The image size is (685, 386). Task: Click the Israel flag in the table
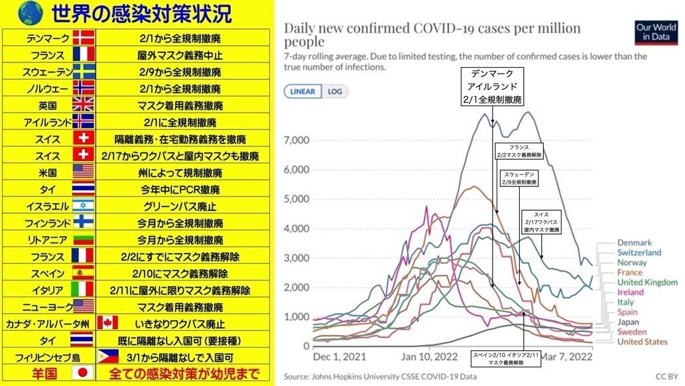coord(83,206)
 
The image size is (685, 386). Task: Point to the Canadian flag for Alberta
coord(107,323)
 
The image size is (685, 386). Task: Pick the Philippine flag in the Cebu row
coord(107,357)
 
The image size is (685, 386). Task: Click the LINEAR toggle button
coord(302,92)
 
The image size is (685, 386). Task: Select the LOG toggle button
coord(335,92)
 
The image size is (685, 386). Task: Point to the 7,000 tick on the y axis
coord(296,141)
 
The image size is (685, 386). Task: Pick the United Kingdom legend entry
coord(647,282)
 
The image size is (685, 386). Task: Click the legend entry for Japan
coord(627,322)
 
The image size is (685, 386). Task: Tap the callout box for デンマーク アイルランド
coord(493,87)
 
